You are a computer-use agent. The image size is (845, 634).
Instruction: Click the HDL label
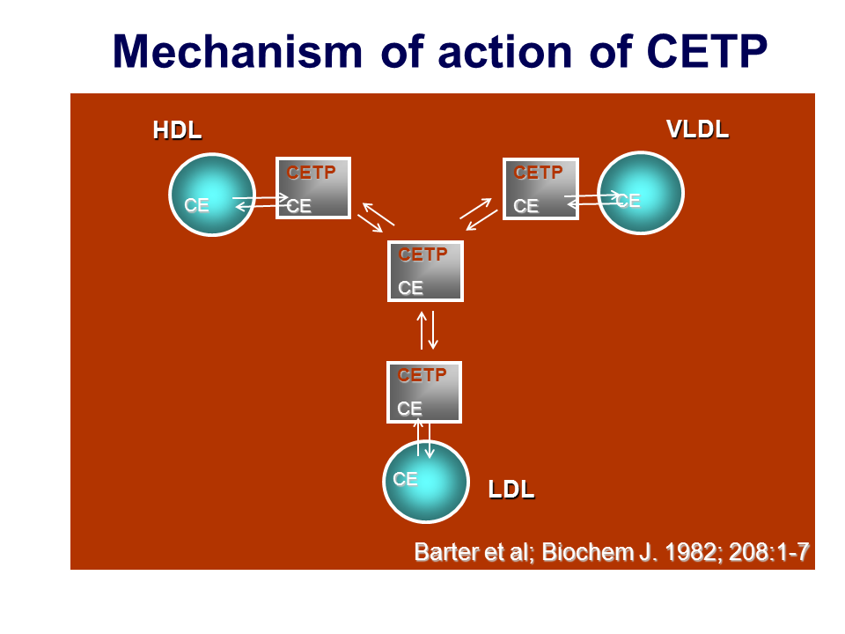[x=177, y=130]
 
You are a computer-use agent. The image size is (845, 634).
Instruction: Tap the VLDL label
[x=697, y=129]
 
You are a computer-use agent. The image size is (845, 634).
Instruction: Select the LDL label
[x=511, y=490]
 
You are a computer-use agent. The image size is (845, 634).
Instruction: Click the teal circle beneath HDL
[x=212, y=195]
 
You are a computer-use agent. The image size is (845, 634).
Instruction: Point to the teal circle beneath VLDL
[x=641, y=193]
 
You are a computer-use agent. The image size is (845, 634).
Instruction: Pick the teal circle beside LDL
[x=426, y=482]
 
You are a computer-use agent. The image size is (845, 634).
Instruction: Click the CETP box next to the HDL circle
[x=313, y=188]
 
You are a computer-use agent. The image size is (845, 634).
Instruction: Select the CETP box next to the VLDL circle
[x=540, y=188]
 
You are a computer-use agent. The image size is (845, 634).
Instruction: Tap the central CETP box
[x=425, y=270]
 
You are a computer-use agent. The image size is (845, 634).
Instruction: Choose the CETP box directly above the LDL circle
[x=424, y=392]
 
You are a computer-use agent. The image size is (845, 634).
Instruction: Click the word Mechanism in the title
[x=237, y=52]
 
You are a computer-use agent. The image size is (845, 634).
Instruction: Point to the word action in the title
[x=505, y=52]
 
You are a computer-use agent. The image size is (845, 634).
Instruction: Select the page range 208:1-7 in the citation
[x=769, y=552]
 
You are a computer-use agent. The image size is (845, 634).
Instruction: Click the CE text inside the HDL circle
[x=196, y=205]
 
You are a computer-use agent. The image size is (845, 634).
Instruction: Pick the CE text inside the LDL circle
[x=405, y=479]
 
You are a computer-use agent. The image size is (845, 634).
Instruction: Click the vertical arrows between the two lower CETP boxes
[x=428, y=330]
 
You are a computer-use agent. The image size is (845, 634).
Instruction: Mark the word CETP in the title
[x=707, y=52]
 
